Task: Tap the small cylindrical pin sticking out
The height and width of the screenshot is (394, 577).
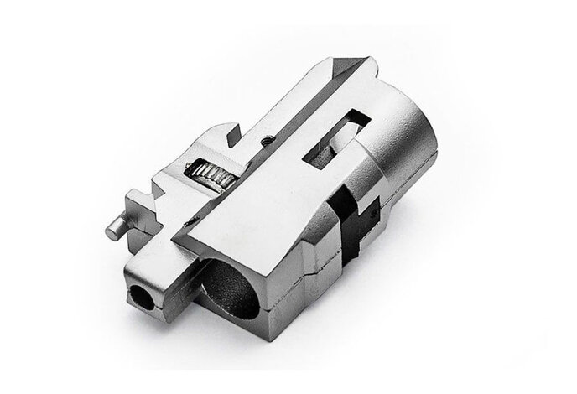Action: [116, 226]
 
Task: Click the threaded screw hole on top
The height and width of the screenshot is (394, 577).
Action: [267, 141]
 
